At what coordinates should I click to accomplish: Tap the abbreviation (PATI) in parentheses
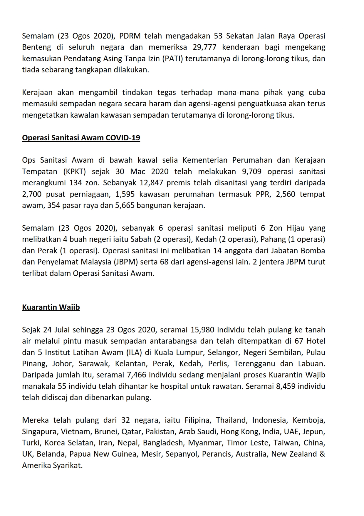point(172,59)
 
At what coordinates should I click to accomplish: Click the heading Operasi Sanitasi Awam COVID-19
point(81,138)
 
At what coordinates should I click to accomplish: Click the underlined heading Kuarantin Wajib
point(51,307)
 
